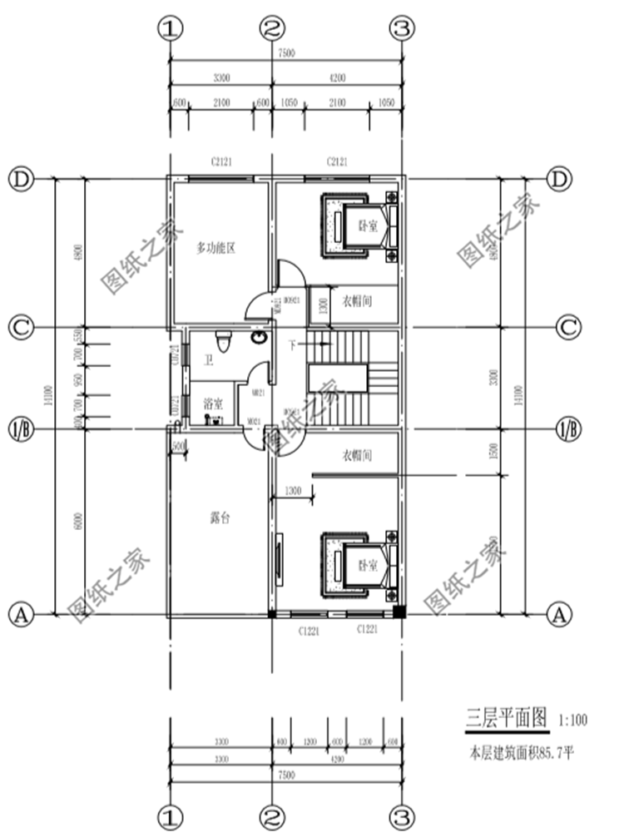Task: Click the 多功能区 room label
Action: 218,247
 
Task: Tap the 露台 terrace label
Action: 220,518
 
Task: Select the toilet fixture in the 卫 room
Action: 222,342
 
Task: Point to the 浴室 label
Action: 213,403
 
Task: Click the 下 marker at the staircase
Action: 292,343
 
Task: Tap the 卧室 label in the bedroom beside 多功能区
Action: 367,225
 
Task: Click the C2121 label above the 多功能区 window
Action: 221,161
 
